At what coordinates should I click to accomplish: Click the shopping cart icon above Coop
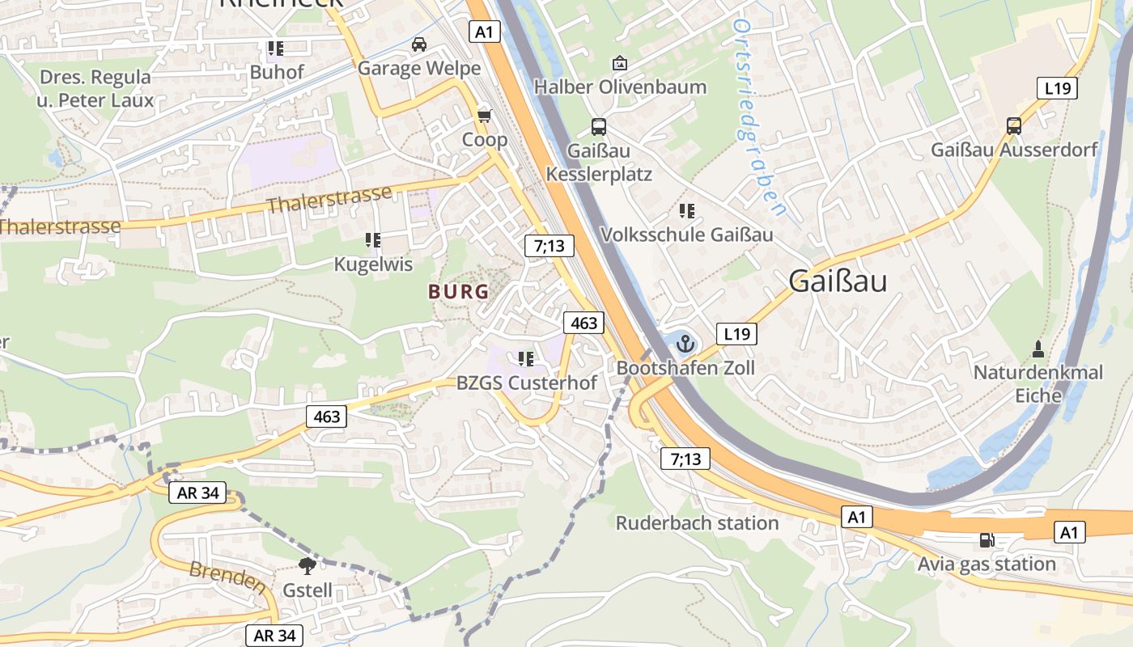click(484, 116)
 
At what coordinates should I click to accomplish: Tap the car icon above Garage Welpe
click(419, 44)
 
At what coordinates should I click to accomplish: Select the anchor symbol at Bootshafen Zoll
click(685, 344)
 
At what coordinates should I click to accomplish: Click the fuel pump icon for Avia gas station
click(987, 540)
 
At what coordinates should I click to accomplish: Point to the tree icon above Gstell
click(307, 566)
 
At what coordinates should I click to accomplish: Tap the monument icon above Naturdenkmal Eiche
click(1038, 349)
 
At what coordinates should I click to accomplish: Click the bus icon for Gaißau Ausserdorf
click(1014, 126)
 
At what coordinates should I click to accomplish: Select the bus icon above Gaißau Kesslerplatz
click(599, 127)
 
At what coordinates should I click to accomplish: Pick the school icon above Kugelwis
click(373, 240)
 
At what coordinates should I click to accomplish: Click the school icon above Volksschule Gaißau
click(687, 212)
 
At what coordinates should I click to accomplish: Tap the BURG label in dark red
click(459, 292)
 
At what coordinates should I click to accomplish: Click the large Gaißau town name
click(838, 281)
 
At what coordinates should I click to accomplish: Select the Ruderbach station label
click(697, 523)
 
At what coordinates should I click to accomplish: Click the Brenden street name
click(227, 577)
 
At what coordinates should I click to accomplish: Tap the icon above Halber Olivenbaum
click(620, 63)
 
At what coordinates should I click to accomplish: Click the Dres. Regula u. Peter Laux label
click(95, 89)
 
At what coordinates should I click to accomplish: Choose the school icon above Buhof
click(276, 49)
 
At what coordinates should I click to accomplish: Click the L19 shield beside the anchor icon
click(736, 333)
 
